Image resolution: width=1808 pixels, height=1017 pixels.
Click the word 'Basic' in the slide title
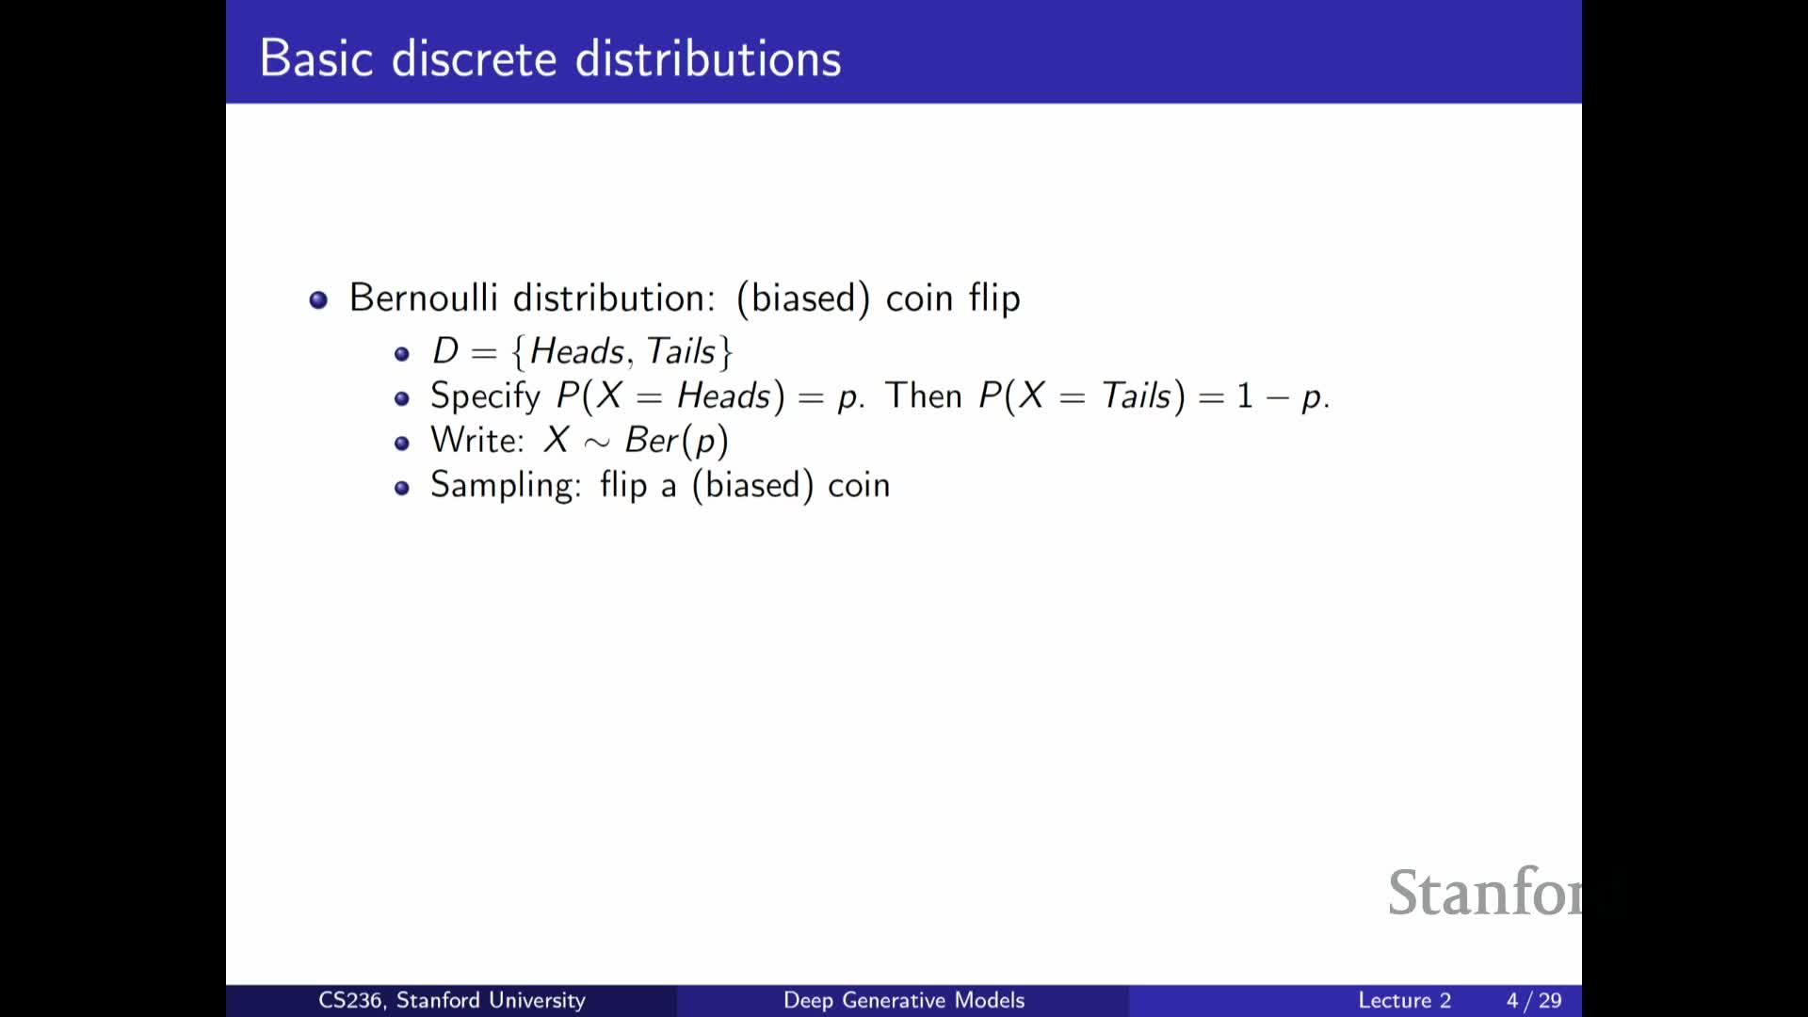(316, 58)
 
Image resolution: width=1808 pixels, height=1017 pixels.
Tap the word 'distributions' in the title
(708, 58)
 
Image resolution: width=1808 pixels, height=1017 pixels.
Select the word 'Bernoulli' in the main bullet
(424, 298)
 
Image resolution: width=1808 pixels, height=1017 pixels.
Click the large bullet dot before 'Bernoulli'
(318, 299)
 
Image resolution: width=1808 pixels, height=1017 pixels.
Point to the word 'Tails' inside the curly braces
(681, 351)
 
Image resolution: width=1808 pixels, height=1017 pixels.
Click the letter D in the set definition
(445, 351)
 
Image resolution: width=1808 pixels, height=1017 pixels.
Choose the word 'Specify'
(486, 396)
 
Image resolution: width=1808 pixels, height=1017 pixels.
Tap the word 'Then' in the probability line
(924, 395)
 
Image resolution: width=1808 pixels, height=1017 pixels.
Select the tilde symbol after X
(597, 443)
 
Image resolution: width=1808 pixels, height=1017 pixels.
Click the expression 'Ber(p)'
(676, 441)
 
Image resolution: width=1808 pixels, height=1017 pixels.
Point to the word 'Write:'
(477, 440)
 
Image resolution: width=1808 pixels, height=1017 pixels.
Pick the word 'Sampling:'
(506, 486)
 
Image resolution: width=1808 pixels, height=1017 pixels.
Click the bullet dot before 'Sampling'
(402, 488)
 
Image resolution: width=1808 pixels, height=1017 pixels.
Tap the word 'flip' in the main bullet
(994, 298)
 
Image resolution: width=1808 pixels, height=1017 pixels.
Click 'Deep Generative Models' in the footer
(904, 1000)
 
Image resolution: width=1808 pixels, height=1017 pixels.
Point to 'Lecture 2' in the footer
(1404, 1000)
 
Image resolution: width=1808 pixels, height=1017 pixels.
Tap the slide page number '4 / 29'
(1534, 1000)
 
